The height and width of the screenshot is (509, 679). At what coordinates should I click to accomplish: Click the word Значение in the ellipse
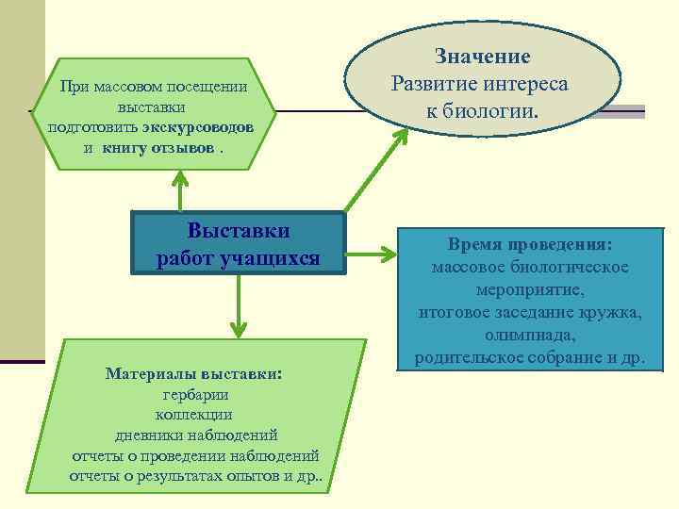[x=483, y=57]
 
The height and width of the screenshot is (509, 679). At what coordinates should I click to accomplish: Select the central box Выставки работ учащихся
[x=239, y=244]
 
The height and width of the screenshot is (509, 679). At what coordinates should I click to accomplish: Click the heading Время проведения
[x=530, y=245]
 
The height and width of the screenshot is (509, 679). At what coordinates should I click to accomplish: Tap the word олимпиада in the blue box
[x=530, y=336]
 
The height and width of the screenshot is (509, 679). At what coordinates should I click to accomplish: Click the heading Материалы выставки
[x=194, y=373]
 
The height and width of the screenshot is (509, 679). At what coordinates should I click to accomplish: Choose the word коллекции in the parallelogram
[x=195, y=415]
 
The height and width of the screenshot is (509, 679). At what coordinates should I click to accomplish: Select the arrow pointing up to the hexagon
[x=179, y=189]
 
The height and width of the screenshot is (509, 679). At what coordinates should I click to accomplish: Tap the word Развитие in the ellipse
[x=436, y=84]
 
